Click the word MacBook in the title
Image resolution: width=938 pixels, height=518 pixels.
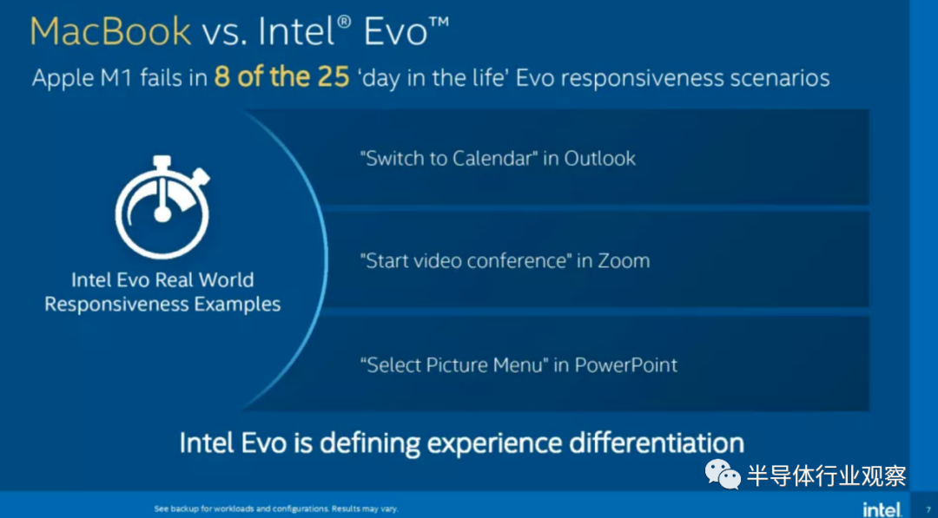[110, 31]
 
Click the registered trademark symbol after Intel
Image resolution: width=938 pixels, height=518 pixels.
[343, 23]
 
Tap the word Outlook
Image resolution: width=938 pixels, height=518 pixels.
[600, 158]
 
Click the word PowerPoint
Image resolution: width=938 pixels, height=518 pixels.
[625, 365]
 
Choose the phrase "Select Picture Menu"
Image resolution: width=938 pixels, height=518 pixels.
[454, 365]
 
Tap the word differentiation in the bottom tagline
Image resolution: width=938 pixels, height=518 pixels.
[657, 443]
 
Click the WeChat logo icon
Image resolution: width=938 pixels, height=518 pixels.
[723, 474]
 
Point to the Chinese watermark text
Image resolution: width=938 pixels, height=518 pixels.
[826, 475]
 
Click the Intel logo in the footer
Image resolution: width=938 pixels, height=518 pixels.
[882, 509]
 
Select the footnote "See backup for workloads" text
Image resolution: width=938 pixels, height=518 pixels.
[276, 509]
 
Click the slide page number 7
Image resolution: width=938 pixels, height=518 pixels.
[928, 509]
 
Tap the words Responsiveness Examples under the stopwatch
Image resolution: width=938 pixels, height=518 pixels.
[162, 304]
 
